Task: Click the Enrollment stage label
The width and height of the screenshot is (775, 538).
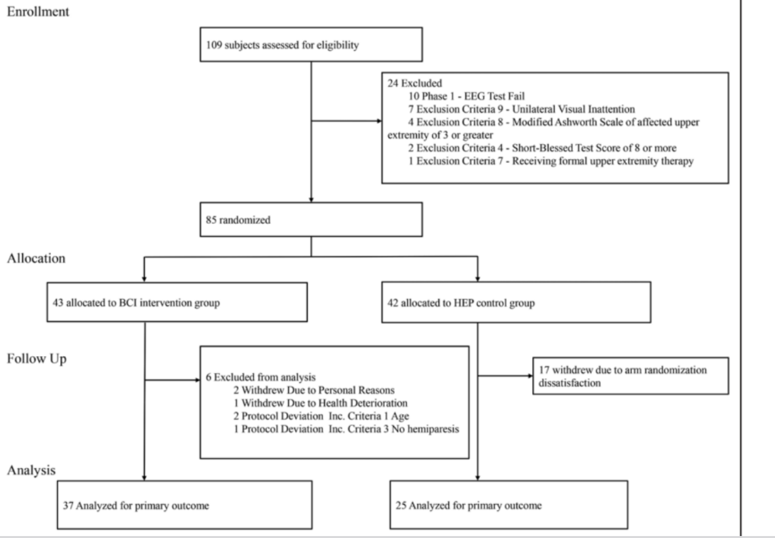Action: tap(38, 11)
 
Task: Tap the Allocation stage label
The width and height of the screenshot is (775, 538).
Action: tap(36, 259)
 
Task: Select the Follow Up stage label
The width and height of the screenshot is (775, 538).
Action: tap(37, 359)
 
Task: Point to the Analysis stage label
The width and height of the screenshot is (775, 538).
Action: tap(31, 471)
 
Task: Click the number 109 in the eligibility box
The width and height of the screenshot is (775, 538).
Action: tap(214, 45)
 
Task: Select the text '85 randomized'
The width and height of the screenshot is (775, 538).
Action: tap(238, 220)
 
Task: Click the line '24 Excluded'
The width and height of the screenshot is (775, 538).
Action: tap(415, 83)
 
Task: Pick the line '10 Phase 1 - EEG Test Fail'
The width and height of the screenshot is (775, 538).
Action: tap(467, 96)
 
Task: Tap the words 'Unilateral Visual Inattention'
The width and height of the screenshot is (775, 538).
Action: tap(573, 109)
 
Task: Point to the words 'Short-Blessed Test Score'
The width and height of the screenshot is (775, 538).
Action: tap(564, 148)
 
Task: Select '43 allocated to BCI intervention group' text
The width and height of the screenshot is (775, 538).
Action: tap(136, 302)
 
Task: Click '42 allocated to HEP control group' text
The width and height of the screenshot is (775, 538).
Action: tap(461, 303)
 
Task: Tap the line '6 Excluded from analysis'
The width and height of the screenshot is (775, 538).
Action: tap(261, 378)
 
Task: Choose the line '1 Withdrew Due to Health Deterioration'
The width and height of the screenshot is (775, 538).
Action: tap(321, 403)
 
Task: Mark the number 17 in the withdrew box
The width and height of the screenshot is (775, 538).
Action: tap(544, 370)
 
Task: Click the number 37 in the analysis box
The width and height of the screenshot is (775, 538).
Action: tap(68, 505)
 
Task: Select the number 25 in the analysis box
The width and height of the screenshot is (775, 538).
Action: tap(401, 505)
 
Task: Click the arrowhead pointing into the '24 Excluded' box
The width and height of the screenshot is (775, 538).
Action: tap(379, 121)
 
